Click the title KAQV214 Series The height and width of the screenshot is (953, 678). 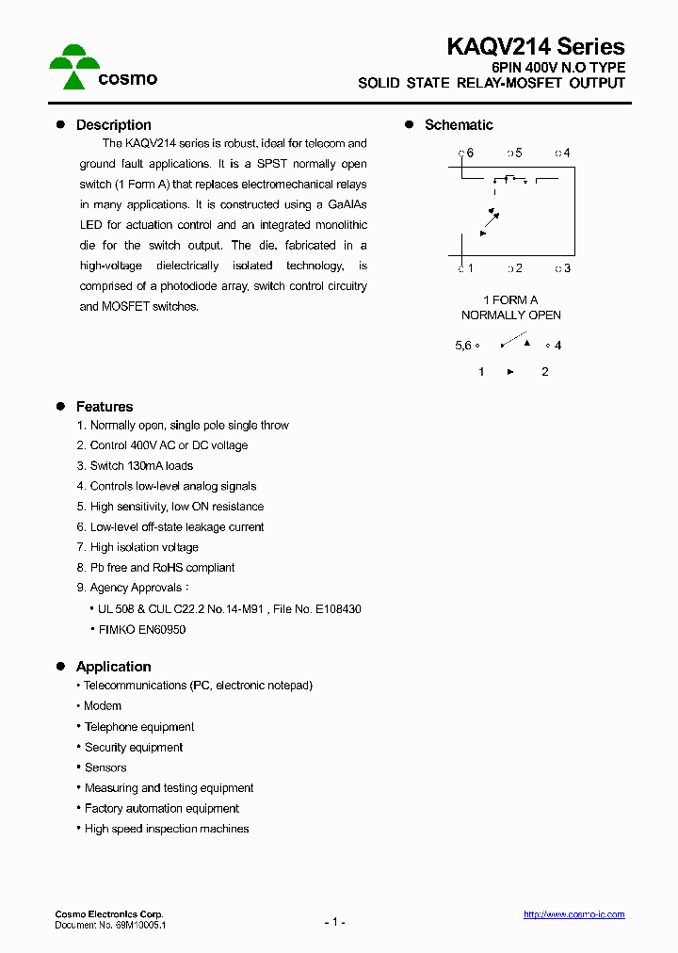[x=535, y=46]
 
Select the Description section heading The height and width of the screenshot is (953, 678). [x=113, y=124]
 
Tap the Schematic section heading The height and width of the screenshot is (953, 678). [x=459, y=124]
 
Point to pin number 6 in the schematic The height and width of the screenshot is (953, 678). [x=468, y=153]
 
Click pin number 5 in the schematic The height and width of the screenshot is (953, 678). [x=516, y=153]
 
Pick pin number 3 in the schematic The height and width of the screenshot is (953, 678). [x=565, y=268]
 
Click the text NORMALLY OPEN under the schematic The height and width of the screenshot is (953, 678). [x=510, y=315]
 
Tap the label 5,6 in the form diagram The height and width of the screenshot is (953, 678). [x=462, y=346]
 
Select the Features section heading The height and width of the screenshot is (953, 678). [x=105, y=407]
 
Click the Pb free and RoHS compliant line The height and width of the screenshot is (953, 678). [x=155, y=568]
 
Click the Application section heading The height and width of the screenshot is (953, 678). [x=113, y=666]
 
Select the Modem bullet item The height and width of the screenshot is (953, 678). [x=103, y=706]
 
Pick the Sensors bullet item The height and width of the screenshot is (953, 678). [x=105, y=767]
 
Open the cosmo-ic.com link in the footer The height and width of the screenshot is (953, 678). [x=573, y=914]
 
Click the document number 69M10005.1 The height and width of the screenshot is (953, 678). [x=138, y=926]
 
